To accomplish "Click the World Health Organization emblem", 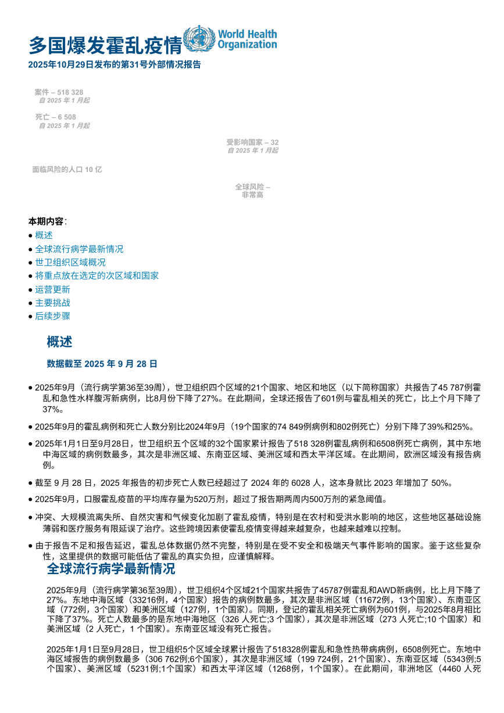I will coord(199,39).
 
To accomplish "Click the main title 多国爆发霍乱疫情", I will coord(105,45).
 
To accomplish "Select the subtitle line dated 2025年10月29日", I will coord(115,65).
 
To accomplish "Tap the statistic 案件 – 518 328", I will coord(59,92).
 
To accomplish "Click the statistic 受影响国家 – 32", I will coord(252,142).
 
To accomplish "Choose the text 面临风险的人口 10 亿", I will coord(67,170).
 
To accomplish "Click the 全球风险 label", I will coord(252,187).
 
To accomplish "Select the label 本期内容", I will coord(47,221).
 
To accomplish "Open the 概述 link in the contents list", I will coord(44,235).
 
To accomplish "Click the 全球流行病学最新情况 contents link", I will coord(79,249).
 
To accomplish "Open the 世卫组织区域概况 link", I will coord(70,262).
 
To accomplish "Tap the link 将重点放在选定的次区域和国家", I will coord(96,275).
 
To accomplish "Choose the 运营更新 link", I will coord(52,289).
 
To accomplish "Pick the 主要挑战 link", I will coord(52,303).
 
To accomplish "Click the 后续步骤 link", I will coord(52,316).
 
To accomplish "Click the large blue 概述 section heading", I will coord(59,342).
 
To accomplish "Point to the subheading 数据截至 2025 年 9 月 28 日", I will coord(102,364).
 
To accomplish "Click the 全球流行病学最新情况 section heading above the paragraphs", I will coord(110,568).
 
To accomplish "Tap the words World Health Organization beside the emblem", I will coord(247,40).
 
